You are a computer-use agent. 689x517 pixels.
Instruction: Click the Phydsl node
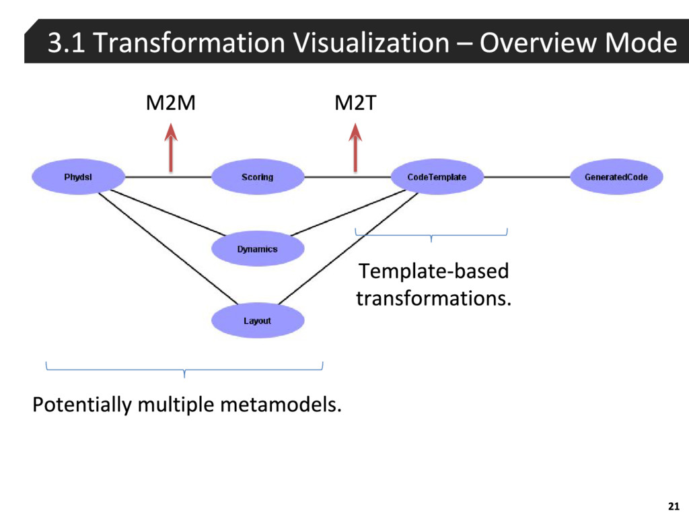click(78, 178)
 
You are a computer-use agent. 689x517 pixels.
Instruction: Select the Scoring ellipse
click(258, 178)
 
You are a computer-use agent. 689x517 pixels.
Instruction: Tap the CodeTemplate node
click(437, 178)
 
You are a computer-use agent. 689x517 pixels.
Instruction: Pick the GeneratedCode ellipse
click(616, 178)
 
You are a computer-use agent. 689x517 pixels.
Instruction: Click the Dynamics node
click(258, 249)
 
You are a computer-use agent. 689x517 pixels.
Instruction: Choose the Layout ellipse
click(258, 321)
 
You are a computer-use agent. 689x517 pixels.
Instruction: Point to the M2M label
click(172, 104)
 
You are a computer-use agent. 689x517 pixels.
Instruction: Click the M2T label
click(355, 104)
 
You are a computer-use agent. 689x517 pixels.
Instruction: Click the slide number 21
click(672, 506)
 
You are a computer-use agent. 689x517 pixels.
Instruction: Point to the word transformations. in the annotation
click(433, 298)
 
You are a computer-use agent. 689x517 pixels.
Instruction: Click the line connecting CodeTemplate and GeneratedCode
click(526, 177)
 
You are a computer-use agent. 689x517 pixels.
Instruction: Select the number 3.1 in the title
click(66, 43)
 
